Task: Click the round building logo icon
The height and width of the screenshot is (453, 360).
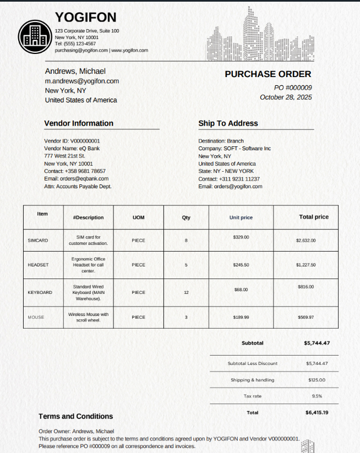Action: point(35,36)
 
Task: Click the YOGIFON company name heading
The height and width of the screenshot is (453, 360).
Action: point(86,18)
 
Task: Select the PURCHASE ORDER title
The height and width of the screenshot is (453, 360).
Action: point(268,74)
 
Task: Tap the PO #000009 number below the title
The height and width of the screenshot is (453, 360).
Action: point(293,88)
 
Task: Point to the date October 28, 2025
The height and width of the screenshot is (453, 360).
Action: point(286,97)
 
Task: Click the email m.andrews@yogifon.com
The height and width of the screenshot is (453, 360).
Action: point(82,81)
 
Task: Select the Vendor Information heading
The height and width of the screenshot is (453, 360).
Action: point(79,123)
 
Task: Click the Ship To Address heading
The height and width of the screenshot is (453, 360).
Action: point(228,123)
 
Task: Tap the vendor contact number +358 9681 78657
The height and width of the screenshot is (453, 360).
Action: point(85,171)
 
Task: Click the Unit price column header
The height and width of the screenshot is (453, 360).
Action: point(241,217)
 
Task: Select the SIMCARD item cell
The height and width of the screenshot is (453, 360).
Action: point(38,241)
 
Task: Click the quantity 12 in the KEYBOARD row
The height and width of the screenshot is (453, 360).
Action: point(186,292)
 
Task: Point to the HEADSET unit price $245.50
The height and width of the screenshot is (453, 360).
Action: point(241,265)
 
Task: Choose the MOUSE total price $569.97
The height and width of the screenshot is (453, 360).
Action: point(306,317)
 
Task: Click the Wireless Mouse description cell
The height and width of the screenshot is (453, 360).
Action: point(89,317)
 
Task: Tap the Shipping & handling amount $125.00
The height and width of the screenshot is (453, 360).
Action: point(317,380)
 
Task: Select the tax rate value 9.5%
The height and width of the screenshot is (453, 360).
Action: point(317,396)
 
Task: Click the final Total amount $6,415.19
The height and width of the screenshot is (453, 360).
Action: point(317,412)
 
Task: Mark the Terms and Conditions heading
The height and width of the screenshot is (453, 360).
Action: point(75,417)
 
